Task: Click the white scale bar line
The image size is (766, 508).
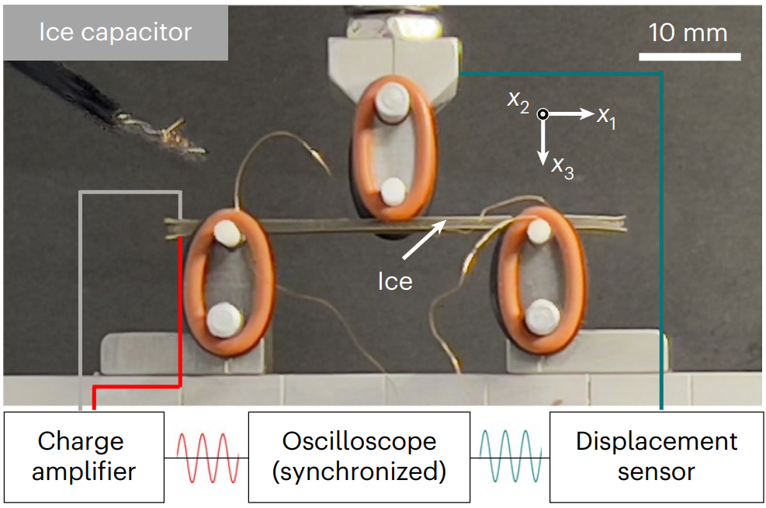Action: click(690, 56)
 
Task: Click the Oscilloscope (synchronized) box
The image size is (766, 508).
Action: click(359, 456)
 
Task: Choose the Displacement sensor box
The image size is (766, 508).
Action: click(656, 456)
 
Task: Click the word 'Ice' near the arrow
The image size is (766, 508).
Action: click(395, 280)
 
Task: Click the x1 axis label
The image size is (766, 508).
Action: click(606, 116)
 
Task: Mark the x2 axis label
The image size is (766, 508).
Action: click(518, 100)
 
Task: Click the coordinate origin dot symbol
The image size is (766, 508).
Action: click(543, 113)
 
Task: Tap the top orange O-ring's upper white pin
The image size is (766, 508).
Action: click(390, 100)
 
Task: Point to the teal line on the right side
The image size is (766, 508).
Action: click(661, 233)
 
